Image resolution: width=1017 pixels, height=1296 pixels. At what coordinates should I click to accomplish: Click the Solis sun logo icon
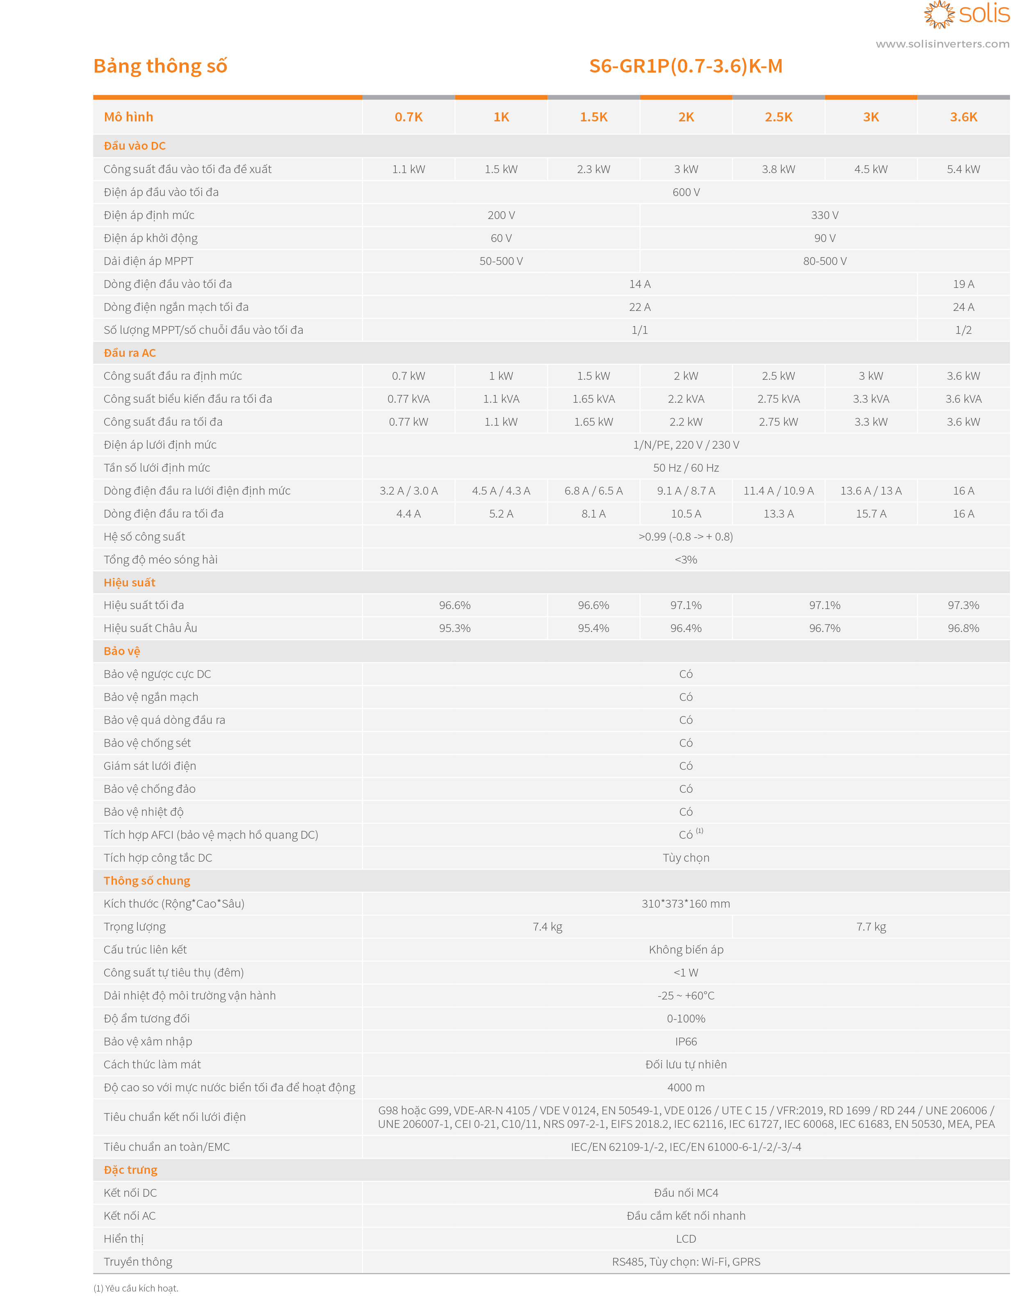pos(939,14)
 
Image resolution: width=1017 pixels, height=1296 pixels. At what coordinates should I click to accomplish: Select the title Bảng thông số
pos(160,66)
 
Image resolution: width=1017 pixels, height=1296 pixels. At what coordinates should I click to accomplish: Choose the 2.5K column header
pos(778,117)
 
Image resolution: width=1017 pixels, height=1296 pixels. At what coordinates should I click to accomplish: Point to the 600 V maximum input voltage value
pos(686,192)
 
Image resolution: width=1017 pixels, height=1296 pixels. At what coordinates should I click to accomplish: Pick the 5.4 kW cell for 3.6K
pos(963,169)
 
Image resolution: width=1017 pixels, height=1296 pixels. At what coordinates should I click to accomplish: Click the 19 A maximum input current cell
pos(963,284)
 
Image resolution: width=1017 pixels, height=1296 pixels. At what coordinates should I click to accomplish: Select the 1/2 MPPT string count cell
pos(963,330)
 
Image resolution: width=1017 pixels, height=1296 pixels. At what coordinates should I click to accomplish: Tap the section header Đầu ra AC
pos(130,353)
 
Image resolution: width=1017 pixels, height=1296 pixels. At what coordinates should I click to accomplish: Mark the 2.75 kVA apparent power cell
pos(778,399)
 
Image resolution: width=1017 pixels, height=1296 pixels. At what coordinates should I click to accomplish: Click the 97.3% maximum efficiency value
pos(963,605)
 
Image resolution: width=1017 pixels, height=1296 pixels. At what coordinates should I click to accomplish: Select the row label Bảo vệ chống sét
pos(147,743)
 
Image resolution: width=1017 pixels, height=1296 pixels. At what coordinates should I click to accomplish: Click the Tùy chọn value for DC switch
pos(686,858)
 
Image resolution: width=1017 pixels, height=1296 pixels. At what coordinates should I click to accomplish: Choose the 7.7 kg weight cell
pos(871,927)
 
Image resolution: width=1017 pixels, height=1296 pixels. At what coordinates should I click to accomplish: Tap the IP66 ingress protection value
pos(686,1042)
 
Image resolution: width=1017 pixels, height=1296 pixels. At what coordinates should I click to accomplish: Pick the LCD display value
pos(686,1239)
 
